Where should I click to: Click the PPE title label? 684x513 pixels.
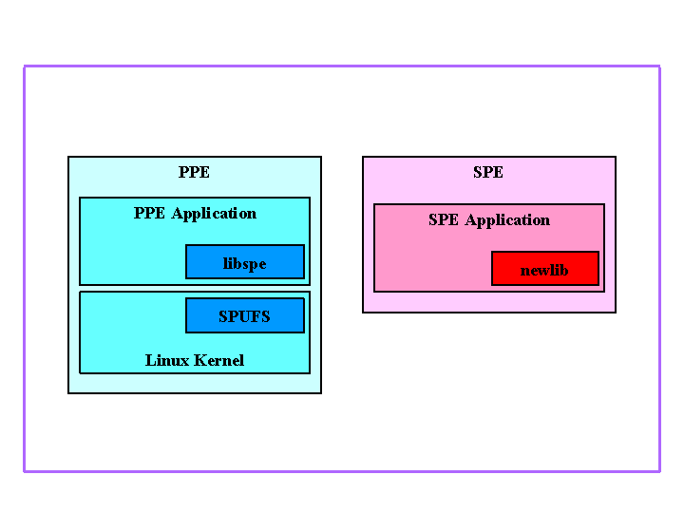click(194, 173)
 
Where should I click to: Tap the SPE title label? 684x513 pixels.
click(488, 173)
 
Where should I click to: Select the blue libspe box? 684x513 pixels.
click(245, 262)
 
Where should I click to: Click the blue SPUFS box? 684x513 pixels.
click(245, 315)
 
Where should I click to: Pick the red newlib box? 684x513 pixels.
click(545, 269)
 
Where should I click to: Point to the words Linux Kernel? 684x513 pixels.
click(195, 361)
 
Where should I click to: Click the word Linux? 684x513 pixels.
click(166, 361)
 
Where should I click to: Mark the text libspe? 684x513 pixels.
click(245, 264)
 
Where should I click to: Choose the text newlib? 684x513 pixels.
click(544, 271)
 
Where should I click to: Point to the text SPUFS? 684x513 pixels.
click(245, 316)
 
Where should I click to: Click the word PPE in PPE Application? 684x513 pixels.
click(150, 214)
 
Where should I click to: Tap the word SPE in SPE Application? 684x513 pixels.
click(444, 220)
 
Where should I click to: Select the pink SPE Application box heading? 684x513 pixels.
click(489, 220)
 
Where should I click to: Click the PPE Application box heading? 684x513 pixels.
click(195, 214)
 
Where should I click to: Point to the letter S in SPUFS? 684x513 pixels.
click(224, 316)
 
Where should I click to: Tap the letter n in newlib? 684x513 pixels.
click(524, 272)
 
